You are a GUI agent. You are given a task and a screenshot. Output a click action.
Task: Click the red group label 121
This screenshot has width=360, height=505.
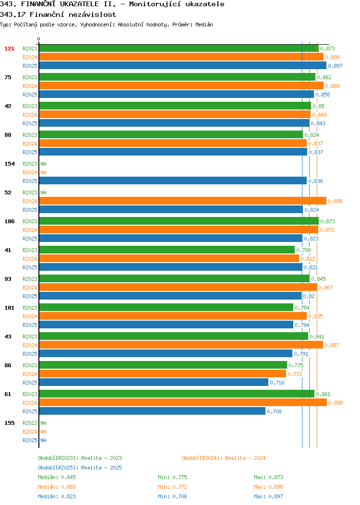coord(9,48)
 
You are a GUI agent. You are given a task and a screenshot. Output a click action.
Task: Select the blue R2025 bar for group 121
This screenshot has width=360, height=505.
coord(182,66)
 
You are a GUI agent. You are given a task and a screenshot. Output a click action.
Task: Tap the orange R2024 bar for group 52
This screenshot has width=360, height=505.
coord(182,201)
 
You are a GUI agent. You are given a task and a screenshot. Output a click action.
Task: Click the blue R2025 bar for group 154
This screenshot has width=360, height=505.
coord(173,181)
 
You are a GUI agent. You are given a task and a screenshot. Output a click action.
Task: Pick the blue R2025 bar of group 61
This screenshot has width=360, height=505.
coord(152,411)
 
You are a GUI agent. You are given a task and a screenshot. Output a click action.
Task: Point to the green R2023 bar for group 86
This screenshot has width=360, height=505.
coord(163,365)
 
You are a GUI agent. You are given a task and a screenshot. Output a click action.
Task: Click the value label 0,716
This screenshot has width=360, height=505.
coord(277,383)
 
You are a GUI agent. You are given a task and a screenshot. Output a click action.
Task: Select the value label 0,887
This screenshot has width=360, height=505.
coord(332,345)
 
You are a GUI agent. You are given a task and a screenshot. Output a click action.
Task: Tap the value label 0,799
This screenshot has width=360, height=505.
coord(304,250)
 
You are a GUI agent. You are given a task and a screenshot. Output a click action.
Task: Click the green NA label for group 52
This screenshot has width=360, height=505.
coord(44,192)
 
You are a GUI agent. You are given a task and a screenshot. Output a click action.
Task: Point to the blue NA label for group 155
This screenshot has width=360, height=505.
coord(44,440)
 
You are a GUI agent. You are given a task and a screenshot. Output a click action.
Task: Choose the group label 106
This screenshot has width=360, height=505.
coord(9,221)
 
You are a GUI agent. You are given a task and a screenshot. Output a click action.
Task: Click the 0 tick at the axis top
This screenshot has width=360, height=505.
coord(39,39)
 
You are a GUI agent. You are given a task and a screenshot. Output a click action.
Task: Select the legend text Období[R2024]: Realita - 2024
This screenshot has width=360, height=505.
coord(224,458)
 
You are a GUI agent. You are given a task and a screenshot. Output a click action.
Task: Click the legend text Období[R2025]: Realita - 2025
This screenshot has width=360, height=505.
coord(80,468)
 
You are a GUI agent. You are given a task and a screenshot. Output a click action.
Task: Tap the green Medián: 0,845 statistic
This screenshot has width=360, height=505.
coord(57,477)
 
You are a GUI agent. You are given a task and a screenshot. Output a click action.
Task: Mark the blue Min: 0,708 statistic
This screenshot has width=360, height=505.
coord(172,497)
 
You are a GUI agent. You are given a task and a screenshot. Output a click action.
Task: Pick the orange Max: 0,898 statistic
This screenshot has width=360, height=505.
coord(268,487)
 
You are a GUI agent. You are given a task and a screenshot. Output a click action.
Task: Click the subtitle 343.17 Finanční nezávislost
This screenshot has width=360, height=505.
coord(58,14)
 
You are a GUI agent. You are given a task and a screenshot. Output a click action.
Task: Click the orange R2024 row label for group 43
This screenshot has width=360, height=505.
coord(30,345)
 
